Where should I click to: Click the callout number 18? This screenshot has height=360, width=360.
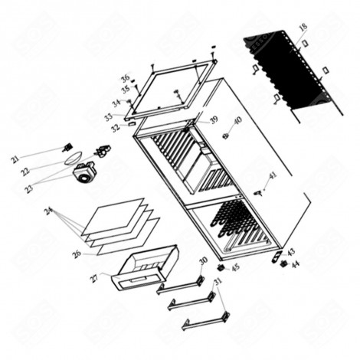pos(303,28)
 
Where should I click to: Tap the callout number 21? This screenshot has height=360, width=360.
pos(15,159)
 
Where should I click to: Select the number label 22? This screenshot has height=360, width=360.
pos(25,172)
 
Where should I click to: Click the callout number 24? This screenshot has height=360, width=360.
pos(48,211)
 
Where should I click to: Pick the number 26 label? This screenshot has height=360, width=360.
pos(77,254)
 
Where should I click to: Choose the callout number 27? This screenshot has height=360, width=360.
pos(94,278)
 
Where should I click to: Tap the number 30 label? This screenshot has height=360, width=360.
pos(203,261)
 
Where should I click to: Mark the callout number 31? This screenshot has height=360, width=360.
pos(218,282)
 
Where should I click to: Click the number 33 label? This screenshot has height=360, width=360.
pos(109,116)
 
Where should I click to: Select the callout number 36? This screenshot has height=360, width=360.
pos(125,78)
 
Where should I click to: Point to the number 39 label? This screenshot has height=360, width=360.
pos(214,119)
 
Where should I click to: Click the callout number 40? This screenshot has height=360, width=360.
pos(237,120)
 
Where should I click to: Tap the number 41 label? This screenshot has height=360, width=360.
pos(273,175)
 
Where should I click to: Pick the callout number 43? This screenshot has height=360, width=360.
pos(290,251)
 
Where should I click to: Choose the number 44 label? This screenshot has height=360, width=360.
pos(296,264)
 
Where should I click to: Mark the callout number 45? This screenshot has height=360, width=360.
pos(235,267)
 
